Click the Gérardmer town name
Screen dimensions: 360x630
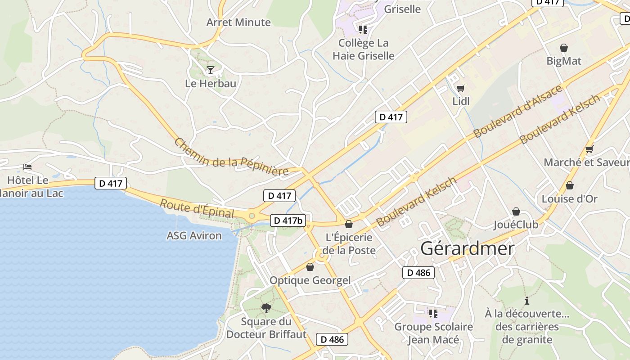coord(468,248)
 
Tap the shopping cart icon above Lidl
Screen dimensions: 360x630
coord(460,88)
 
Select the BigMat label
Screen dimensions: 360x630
coord(564,61)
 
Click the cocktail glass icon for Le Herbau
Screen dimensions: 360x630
coord(210,70)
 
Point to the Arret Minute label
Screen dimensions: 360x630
coord(238,22)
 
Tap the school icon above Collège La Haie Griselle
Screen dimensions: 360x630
coord(363,30)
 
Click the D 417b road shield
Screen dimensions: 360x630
coord(288,220)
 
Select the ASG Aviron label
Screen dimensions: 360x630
coord(194,235)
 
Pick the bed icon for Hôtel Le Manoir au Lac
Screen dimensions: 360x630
coord(27,167)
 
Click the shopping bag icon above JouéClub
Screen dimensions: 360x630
coord(516,211)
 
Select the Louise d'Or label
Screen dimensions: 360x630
coord(569,198)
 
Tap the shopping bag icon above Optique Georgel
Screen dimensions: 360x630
coord(310,267)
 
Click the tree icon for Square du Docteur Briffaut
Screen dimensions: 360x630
coord(266,308)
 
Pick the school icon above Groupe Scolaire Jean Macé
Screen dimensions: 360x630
coord(433,313)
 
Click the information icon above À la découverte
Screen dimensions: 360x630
coord(527,301)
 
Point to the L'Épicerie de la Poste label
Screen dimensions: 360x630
coord(349,243)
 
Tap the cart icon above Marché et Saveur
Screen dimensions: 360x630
coord(589,149)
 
